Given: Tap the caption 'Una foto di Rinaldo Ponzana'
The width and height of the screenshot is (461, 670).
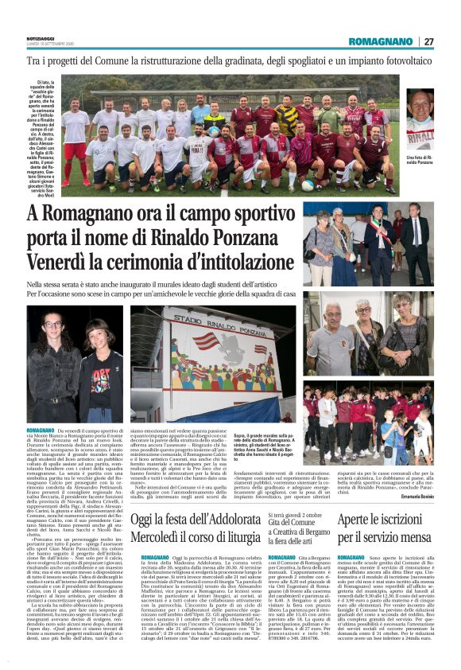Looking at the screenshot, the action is tap(418, 162).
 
